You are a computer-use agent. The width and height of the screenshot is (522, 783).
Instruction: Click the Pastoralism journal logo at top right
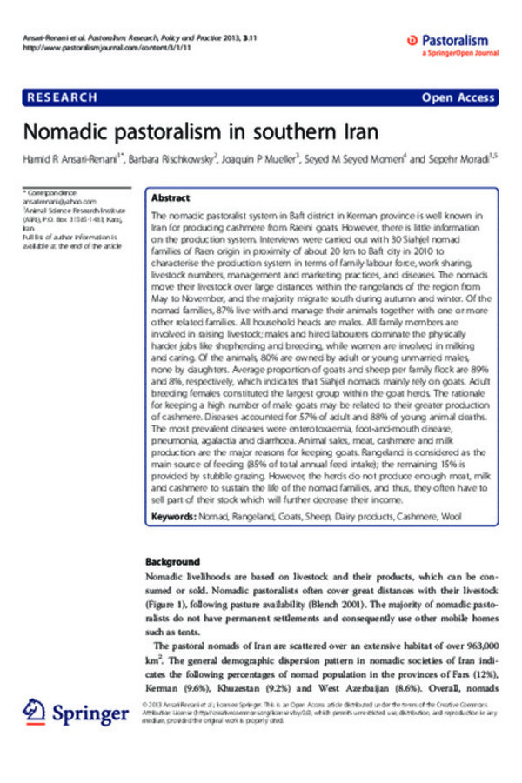click(452, 40)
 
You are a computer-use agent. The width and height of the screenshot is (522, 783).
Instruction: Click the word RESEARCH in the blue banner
click(62, 97)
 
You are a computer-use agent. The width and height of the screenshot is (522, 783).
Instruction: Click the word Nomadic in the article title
click(67, 133)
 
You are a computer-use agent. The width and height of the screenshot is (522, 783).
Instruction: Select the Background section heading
click(173, 562)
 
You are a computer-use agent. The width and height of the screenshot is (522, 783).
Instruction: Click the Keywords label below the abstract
click(173, 517)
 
